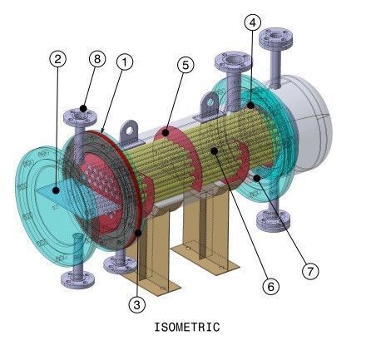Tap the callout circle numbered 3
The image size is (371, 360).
pyautogui.click(x=137, y=304)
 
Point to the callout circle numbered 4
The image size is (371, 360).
pyautogui.click(x=252, y=23)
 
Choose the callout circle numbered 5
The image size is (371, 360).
pyautogui.click(x=185, y=63)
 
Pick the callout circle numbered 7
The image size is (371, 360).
pyautogui.click(x=311, y=271)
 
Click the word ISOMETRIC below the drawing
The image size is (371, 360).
pyautogui.click(x=187, y=327)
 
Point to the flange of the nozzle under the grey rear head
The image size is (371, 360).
pyautogui.click(x=270, y=220)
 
